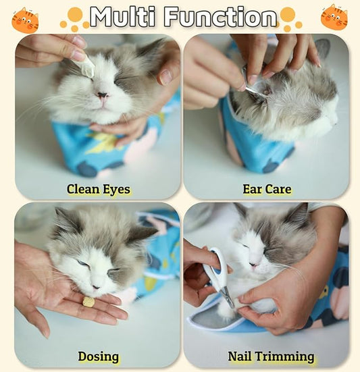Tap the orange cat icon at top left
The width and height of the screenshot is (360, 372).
coord(25,20)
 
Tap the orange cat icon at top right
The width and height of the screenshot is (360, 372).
coord(334,18)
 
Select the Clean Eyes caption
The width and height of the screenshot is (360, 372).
coord(98,189)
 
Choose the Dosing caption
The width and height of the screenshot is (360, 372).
coord(98,356)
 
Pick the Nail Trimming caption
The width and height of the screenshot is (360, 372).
coord(271,356)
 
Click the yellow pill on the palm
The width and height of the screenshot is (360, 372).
coord(88,302)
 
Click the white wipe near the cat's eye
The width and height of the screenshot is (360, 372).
coord(87,65)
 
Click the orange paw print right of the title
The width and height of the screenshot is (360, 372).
coord(290,18)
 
